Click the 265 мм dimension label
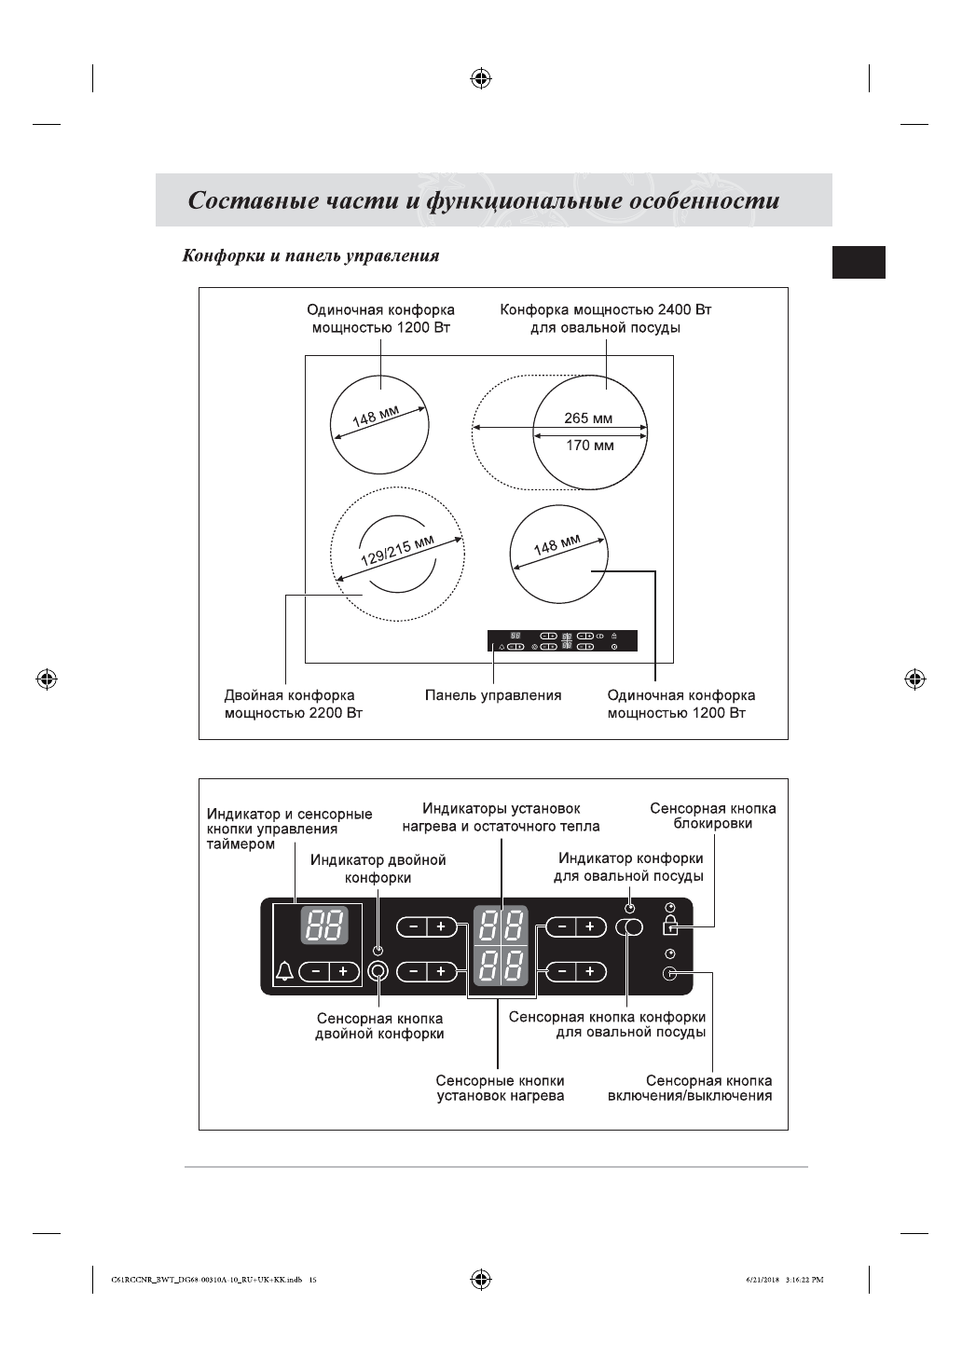coord(588,418)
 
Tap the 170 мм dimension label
coord(590,446)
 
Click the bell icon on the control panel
coord(284,971)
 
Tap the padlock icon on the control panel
coord(669,926)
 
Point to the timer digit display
coord(323,926)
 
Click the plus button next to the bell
coord(344,972)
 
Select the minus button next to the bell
coord(316,972)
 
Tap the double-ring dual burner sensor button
coord(378,972)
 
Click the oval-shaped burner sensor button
coord(629,926)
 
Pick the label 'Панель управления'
coord(493,695)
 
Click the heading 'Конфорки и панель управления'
coord(310,255)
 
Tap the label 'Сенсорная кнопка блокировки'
coord(712,816)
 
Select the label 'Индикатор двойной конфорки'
coord(378,869)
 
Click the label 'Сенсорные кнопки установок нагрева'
coord(501,1089)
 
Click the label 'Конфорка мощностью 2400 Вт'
coord(606,310)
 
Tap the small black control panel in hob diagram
coord(562,641)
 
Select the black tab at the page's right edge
coord(859,262)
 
